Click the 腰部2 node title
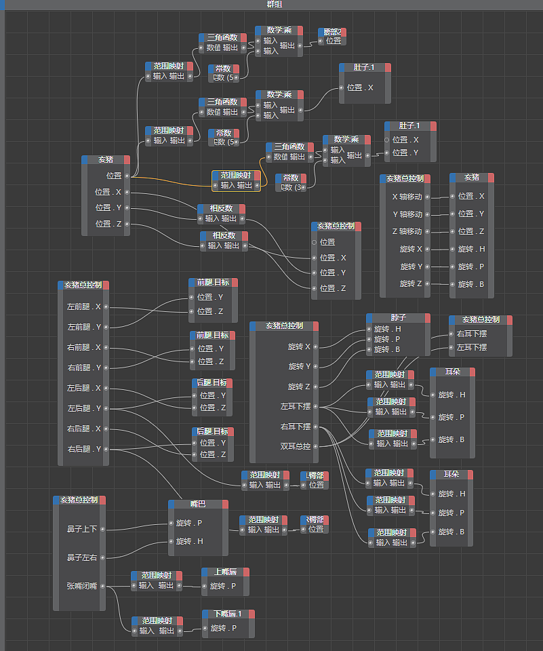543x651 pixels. (331, 31)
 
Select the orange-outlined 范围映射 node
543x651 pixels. (236, 175)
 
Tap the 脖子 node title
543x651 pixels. (397, 317)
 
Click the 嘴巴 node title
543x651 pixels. (197, 504)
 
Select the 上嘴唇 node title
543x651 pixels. (225, 572)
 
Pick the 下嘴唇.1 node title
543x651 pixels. (227, 614)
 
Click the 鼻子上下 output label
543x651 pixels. (82, 528)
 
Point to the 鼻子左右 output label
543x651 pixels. (82, 557)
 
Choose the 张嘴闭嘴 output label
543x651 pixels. (82, 586)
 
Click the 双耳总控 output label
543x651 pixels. (296, 446)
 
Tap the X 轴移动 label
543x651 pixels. (407, 197)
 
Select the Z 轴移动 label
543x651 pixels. (407, 232)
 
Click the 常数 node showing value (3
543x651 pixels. (291, 178)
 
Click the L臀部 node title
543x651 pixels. (315, 475)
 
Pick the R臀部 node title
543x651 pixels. (315, 519)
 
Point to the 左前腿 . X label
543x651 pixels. (84, 307)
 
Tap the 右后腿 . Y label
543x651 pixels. (84, 449)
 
